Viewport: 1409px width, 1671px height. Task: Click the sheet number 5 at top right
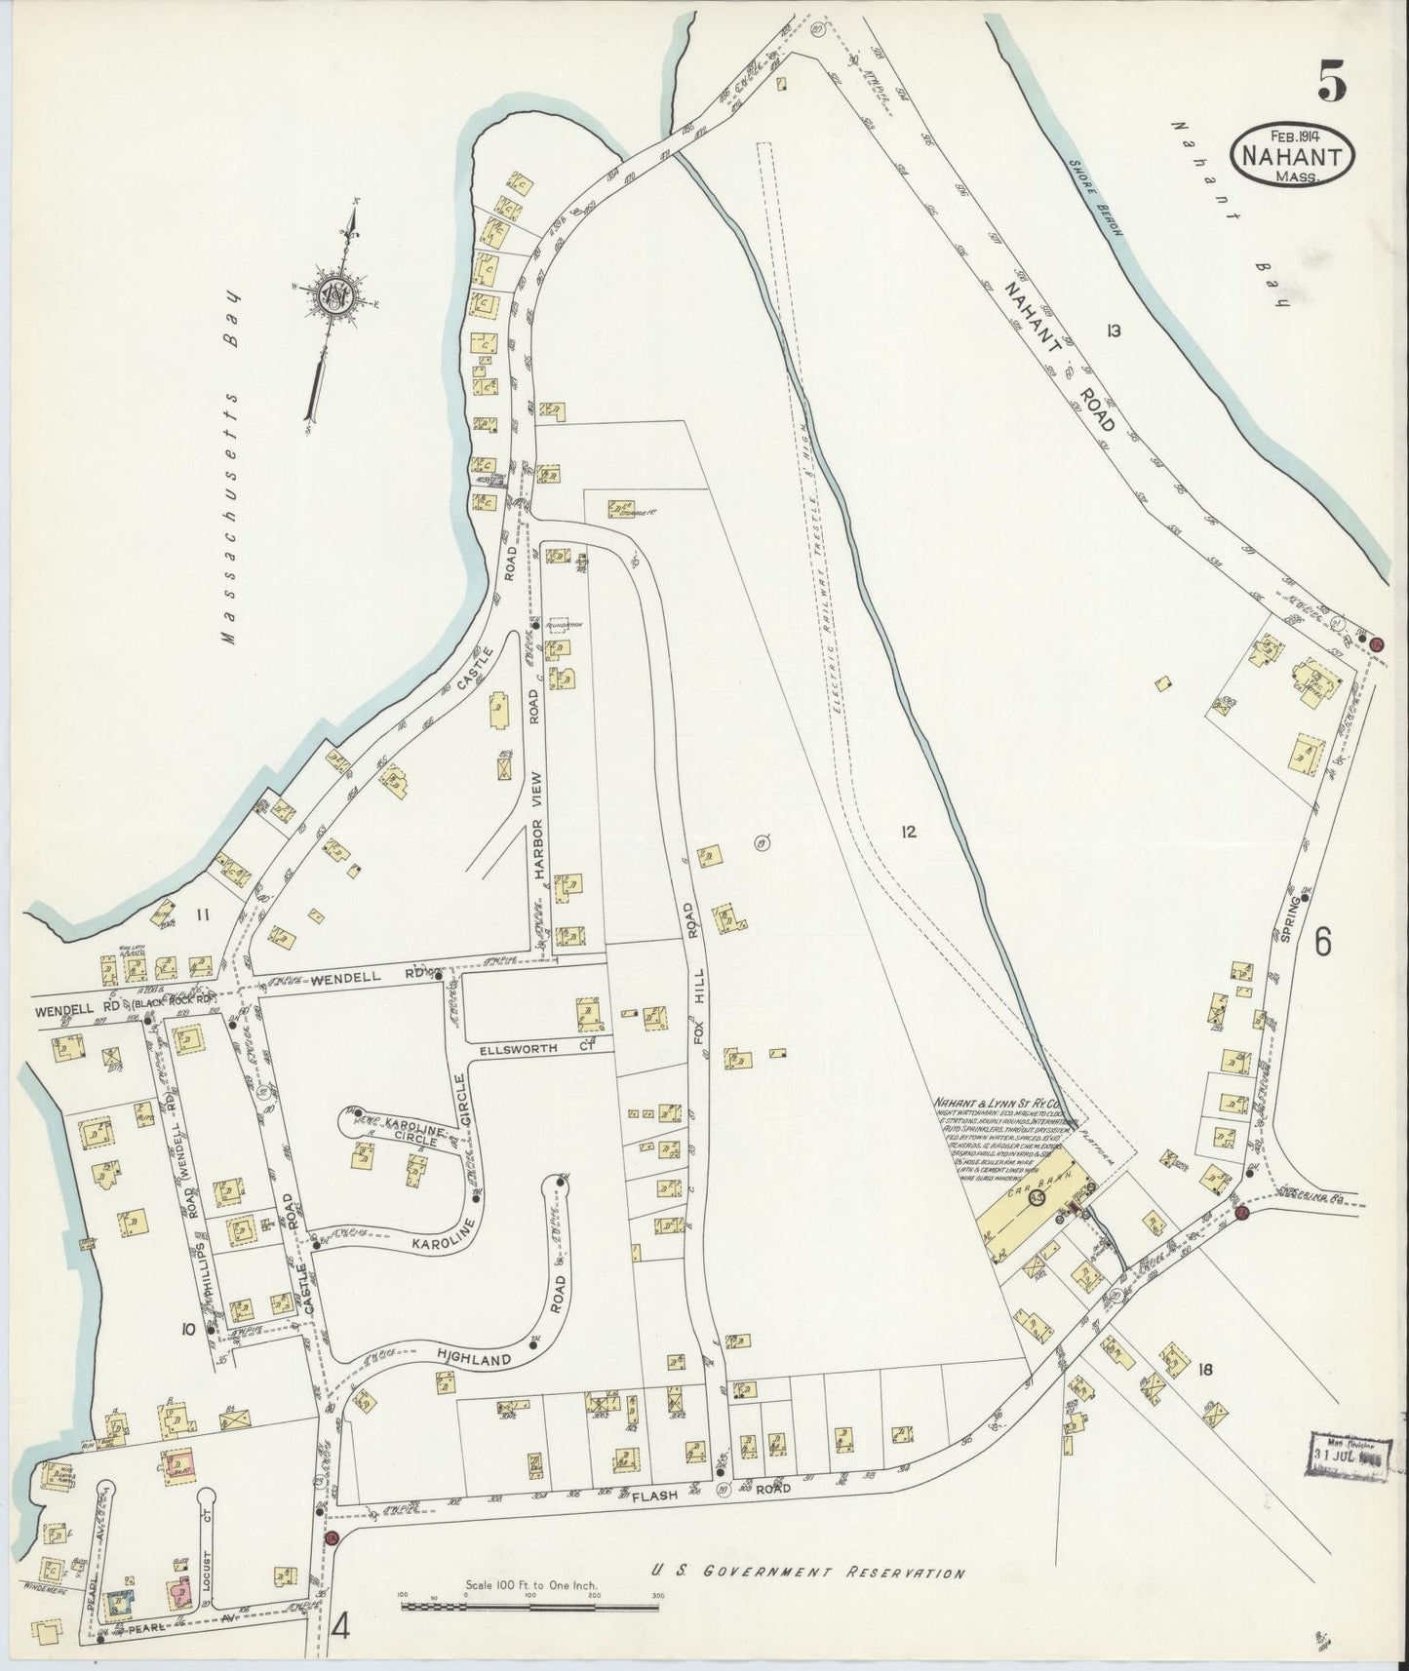tap(1332, 81)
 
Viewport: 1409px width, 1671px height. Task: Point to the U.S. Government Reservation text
tap(808, 1573)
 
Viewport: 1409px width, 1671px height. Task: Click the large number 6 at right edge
tap(1323, 942)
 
